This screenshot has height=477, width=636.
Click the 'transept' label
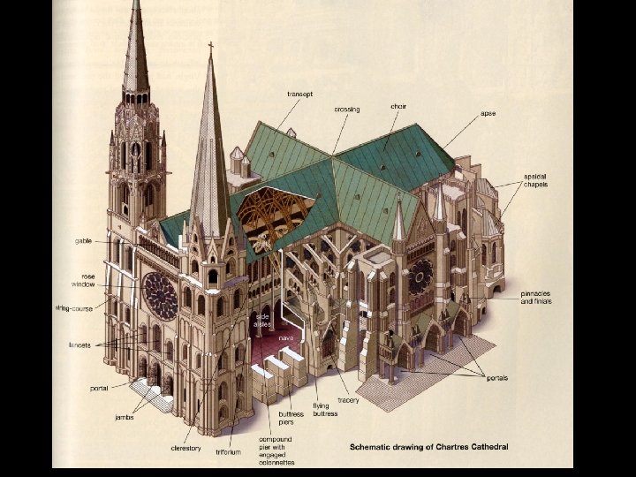[300, 94]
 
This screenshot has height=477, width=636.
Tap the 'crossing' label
[346, 110]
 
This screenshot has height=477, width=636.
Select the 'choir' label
[398, 106]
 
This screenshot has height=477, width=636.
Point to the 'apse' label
[488, 114]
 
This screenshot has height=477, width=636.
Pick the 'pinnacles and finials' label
[534, 299]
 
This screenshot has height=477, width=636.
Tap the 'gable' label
[84, 240]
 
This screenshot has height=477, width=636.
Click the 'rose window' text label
[83, 279]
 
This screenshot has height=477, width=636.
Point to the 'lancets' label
[79, 344]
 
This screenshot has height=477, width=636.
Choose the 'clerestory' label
[186, 448]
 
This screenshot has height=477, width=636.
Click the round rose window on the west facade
[161, 296]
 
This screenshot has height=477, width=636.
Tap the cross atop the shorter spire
[210, 47]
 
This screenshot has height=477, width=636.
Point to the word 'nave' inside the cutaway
[286, 337]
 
